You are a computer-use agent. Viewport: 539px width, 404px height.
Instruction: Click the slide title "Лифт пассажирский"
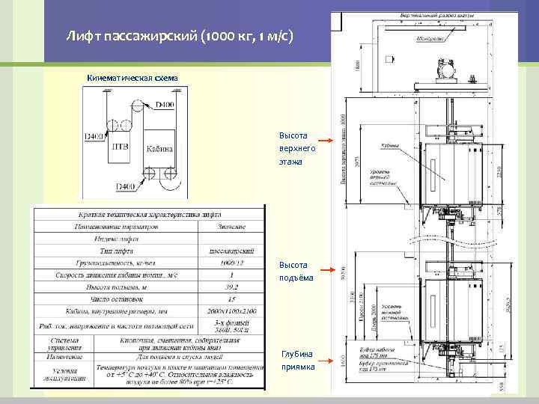point(179,35)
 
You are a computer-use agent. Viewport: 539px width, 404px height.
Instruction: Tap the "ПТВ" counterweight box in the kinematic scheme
point(120,147)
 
